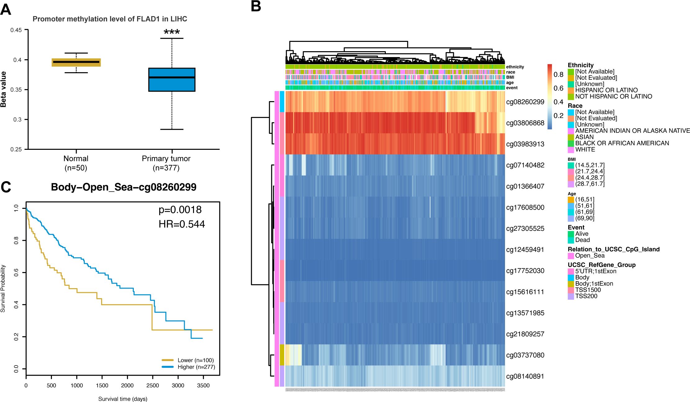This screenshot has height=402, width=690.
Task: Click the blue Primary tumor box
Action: (172, 80)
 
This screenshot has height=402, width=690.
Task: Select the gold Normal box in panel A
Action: (76, 62)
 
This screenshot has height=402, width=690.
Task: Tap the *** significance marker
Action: (172, 32)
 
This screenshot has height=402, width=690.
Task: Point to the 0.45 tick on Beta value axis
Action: (16, 30)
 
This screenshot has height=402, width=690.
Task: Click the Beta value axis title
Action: (4, 89)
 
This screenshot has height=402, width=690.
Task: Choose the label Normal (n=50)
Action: (76, 163)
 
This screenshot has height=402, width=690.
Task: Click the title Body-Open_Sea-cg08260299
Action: (124, 187)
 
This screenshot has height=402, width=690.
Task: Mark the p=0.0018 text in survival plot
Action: (180, 210)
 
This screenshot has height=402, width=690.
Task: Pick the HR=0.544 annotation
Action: (182, 224)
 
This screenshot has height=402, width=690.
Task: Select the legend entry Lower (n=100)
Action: (195, 360)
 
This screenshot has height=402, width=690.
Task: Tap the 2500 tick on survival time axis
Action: (152, 386)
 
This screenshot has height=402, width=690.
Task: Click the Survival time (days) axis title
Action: (123, 399)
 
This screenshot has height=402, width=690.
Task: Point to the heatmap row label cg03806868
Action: (525, 123)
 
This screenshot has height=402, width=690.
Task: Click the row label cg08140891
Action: (525, 376)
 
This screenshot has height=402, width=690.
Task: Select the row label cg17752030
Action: (525, 271)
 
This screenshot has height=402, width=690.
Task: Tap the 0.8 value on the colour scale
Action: (558, 74)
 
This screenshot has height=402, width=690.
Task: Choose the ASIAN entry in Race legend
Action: (584, 137)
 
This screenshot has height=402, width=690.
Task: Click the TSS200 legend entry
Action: (586, 296)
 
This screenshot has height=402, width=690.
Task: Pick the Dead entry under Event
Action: (582, 240)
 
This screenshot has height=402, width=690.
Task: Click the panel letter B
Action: (256, 6)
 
